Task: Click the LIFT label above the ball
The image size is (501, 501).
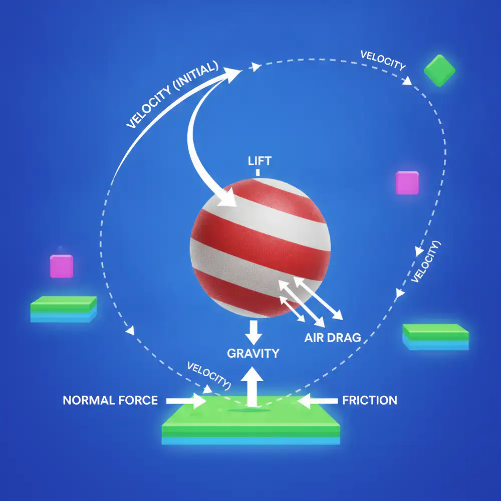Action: (260, 161)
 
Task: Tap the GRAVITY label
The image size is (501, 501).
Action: (253, 353)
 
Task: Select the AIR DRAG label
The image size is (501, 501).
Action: (333, 338)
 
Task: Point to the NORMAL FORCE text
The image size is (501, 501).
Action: (110, 400)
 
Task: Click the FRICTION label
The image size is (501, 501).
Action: (370, 400)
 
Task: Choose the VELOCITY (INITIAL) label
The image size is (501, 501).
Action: (172, 95)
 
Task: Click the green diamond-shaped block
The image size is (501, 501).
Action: (440, 71)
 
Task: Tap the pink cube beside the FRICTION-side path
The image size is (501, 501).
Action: (407, 183)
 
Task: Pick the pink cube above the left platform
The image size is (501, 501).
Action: (62, 266)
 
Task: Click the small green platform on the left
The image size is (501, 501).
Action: (63, 309)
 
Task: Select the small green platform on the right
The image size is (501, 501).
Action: (435, 337)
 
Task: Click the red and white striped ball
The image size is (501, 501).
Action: (260, 248)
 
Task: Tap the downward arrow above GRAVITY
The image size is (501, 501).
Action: (254, 332)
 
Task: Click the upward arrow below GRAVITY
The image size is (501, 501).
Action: (252, 387)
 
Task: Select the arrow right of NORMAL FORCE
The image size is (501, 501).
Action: (186, 401)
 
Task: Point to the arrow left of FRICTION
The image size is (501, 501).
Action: (317, 401)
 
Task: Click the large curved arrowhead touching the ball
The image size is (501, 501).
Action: (227, 197)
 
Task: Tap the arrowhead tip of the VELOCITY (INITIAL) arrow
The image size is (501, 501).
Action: (242, 70)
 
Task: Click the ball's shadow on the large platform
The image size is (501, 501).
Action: (249, 410)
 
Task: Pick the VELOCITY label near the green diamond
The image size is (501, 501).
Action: (383, 60)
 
